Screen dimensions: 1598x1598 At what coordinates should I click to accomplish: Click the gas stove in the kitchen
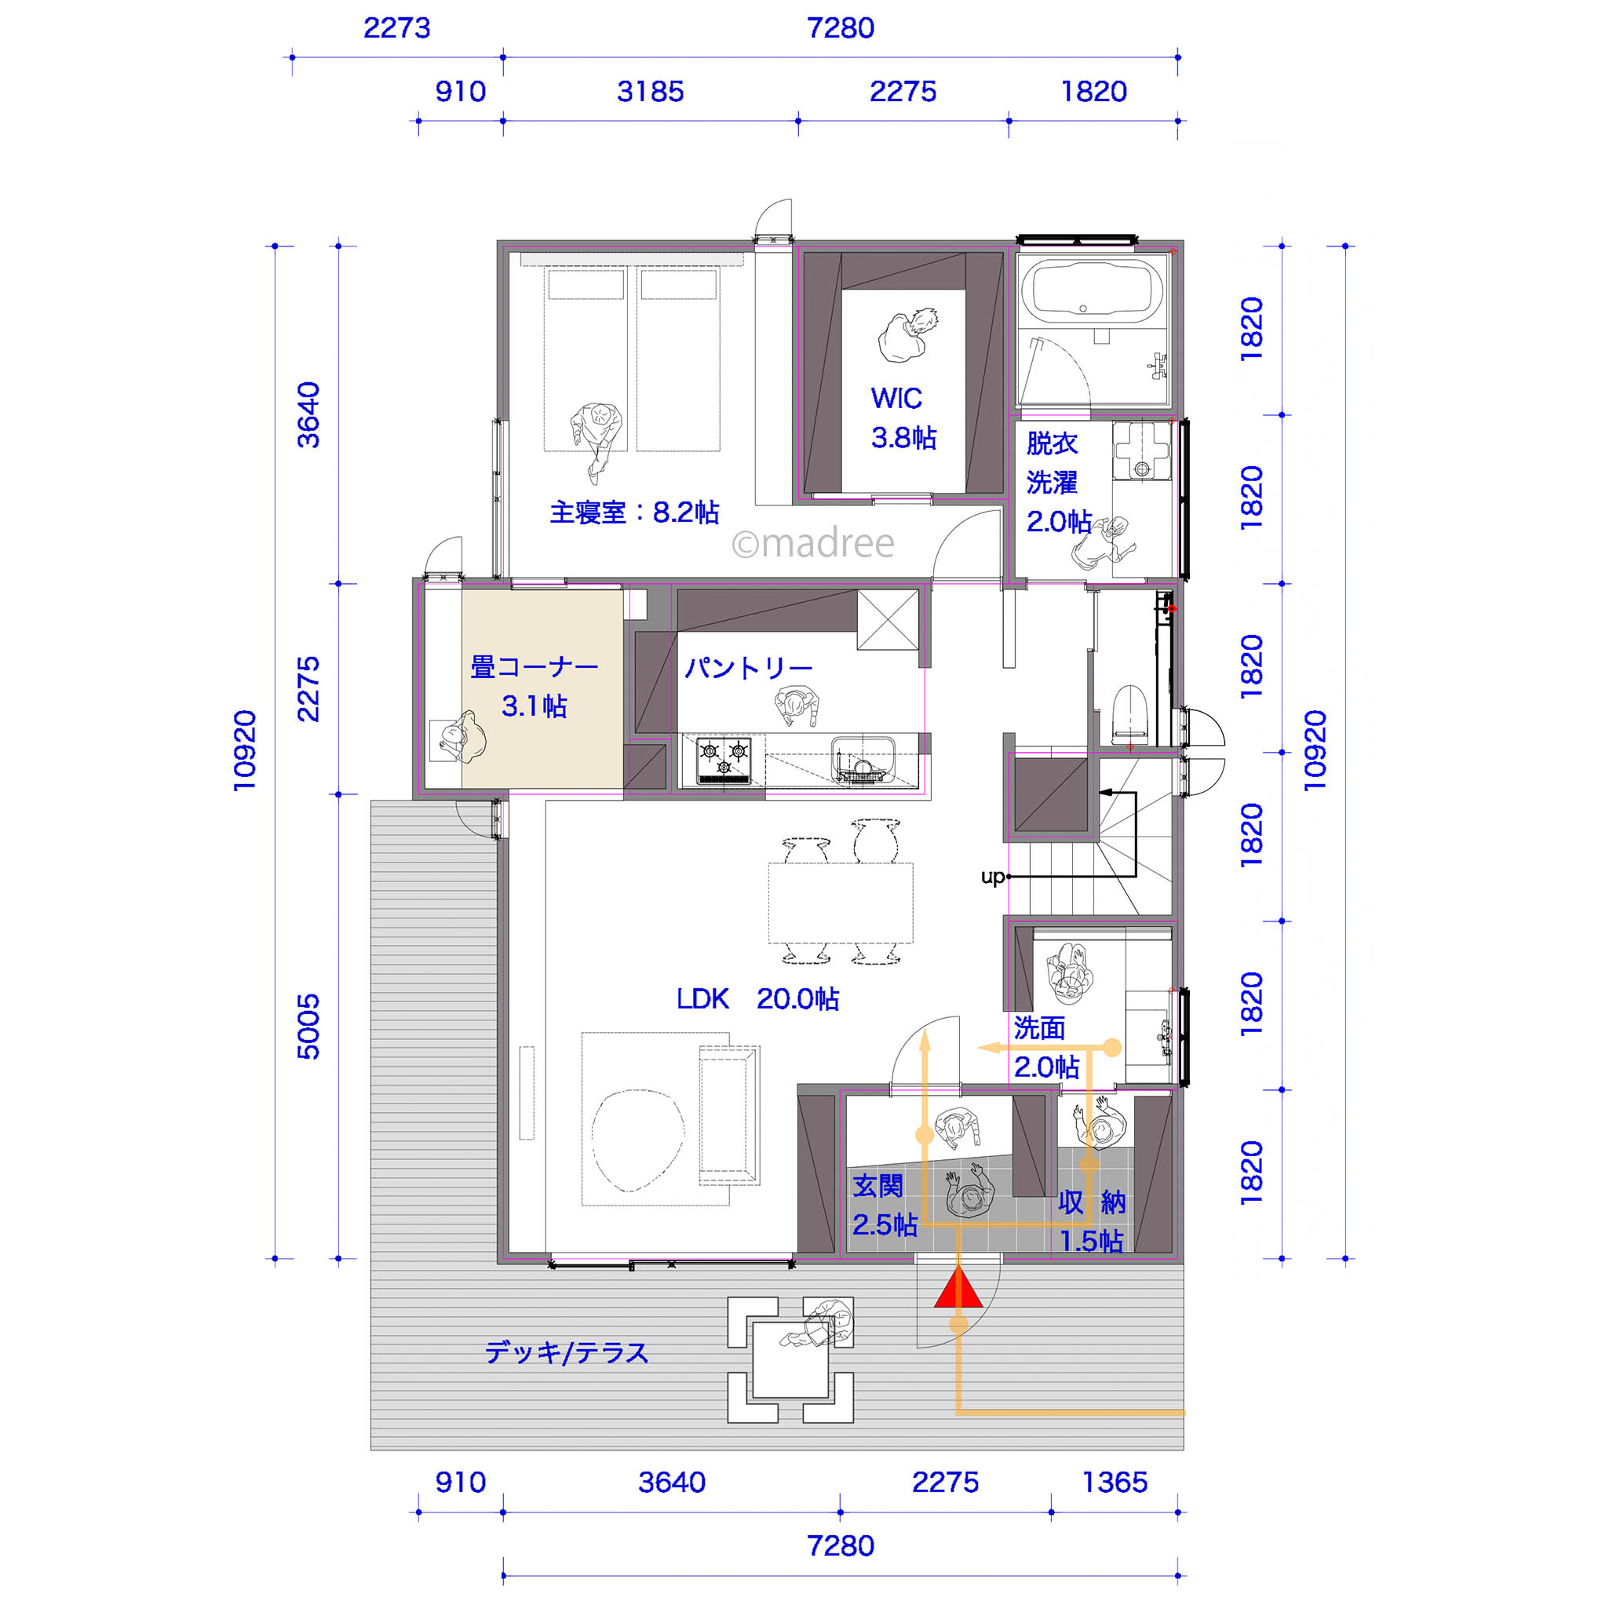724,760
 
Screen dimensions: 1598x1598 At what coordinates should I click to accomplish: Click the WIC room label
896,399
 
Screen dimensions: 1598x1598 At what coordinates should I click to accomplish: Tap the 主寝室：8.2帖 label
634,513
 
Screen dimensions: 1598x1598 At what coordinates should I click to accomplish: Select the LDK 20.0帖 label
757,999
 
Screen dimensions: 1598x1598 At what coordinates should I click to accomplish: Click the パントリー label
749,667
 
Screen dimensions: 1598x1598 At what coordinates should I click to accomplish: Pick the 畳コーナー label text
534,666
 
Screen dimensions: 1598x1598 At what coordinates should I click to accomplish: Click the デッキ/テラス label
567,1352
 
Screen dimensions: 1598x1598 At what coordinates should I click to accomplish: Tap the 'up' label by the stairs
993,877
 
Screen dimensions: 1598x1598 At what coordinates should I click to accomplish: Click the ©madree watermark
813,543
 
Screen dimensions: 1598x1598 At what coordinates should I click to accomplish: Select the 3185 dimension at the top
650,91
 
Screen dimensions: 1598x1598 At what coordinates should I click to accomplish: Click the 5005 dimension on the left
308,1027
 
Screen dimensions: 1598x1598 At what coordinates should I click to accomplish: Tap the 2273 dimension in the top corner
397,28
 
